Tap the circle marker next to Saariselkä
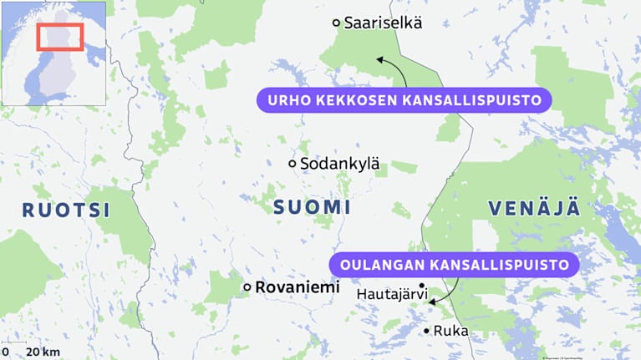click(x=336, y=23)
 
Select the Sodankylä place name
click(x=339, y=164)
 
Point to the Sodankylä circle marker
click(x=292, y=164)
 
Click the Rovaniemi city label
click(x=298, y=287)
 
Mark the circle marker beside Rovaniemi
click(x=247, y=287)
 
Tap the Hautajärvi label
click(x=392, y=294)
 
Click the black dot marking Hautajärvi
click(x=422, y=286)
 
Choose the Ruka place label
click(x=450, y=331)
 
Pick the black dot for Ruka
click(x=427, y=331)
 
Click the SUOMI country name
click(x=312, y=207)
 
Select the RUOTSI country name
click(x=65, y=210)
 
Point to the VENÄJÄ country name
click(x=534, y=208)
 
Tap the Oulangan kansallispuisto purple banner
click(x=454, y=266)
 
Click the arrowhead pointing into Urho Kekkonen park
click(x=379, y=60)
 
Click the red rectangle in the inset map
click(x=59, y=37)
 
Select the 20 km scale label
click(x=42, y=352)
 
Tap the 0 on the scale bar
click(x=6, y=352)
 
